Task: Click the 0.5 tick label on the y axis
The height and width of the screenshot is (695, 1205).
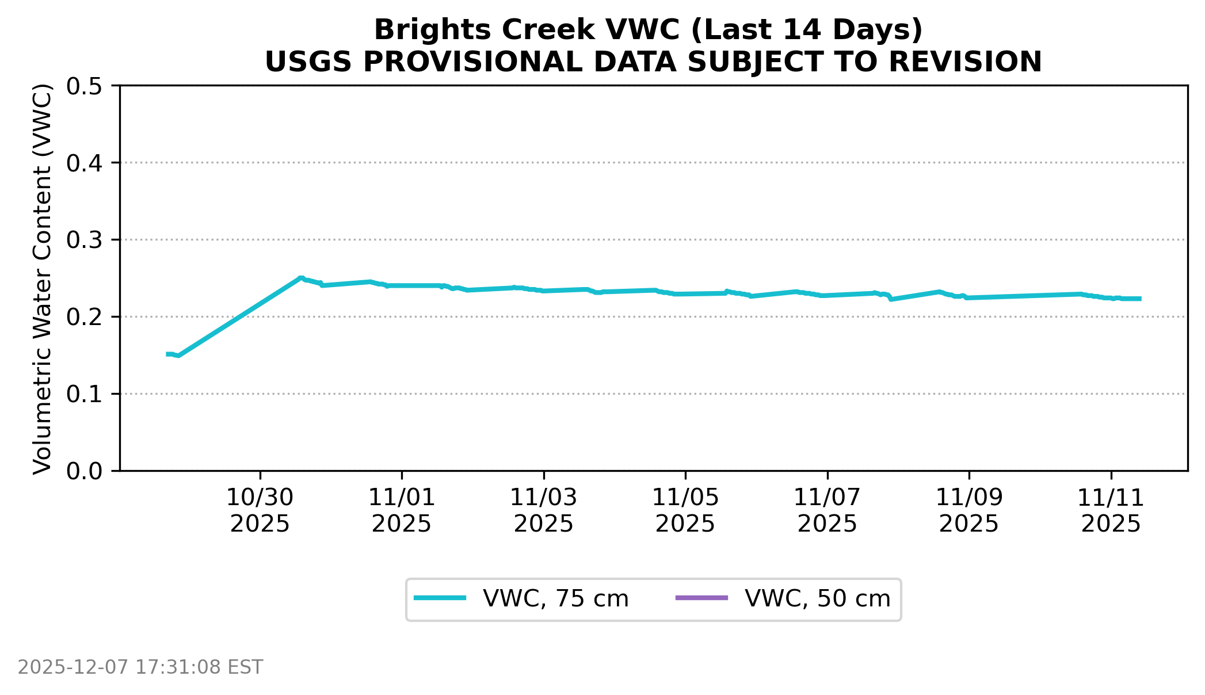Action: click(x=84, y=86)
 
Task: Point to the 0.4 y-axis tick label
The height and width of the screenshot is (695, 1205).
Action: click(x=84, y=163)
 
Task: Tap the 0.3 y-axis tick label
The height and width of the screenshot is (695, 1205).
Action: click(x=84, y=240)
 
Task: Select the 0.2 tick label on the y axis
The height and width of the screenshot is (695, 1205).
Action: click(x=84, y=317)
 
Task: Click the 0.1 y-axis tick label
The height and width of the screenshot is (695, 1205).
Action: click(x=84, y=394)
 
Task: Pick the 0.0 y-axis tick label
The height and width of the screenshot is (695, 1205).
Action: click(x=84, y=471)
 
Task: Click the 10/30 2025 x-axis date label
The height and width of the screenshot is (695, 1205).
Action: click(x=260, y=511)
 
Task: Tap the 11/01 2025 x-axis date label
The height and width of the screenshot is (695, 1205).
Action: click(x=402, y=511)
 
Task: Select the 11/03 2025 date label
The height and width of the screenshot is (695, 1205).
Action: click(x=544, y=511)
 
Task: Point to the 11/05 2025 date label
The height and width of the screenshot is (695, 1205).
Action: click(x=685, y=511)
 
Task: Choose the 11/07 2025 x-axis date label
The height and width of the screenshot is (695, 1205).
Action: click(x=828, y=511)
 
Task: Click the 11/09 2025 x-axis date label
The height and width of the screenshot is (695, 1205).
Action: click(x=969, y=511)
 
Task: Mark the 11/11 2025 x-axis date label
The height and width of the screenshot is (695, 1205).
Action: click(x=1111, y=511)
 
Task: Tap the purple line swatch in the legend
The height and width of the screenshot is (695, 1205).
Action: click(x=701, y=598)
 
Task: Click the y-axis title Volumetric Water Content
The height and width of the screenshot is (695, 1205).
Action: click(x=43, y=278)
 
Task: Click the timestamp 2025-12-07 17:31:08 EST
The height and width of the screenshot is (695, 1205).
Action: click(x=140, y=667)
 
